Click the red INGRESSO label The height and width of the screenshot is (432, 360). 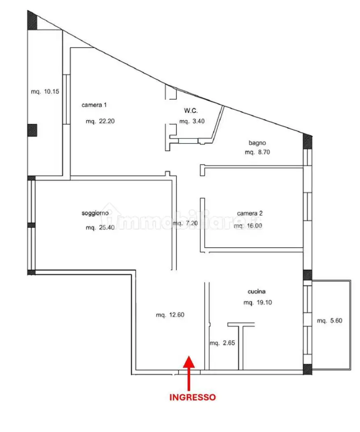pyautogui.click(x=192, y=397)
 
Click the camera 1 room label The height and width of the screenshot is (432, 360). pyautogui.click(x=94, y=105)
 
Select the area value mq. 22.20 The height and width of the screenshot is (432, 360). pyautogui.click(x=100, y=121)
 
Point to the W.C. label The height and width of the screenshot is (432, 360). pyautogui.click(x=191, y=111)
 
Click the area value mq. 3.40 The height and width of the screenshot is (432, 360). pyautogui.click(x=192, y=121)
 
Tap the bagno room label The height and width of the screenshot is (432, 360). pyautogui.click(x=257, y=143)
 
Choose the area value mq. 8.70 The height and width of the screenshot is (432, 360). pyautogui.click(x=257, y=152)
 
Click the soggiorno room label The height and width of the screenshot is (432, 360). pyautogui.click(x=95, y=213)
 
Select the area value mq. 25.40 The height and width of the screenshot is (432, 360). pyautogui.click(x=100, y=228)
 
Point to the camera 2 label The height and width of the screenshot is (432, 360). pyautogui.click(x=250, y=213)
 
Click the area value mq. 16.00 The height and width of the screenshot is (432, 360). pyautogui.click(x=248, y=226)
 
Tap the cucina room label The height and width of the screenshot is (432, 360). pyautogui.click(x=256, y=291)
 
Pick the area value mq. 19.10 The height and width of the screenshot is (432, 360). pyautogui.click(x=258, y=302)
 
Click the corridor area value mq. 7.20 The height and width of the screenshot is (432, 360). pyautogui.click(x=185, y=223)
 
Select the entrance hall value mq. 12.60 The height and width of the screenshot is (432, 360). pyautogui.click(x=170, y=315)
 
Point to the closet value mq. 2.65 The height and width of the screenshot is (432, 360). pyautogui.click(x=222, y=343)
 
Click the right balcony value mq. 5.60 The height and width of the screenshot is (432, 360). pyautogui.click(x=330, y=321)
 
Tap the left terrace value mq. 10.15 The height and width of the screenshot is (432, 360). pyautogui.click(x=45, y=91)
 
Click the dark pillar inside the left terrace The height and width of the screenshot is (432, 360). pyautogui.click(x=32, y=130)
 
